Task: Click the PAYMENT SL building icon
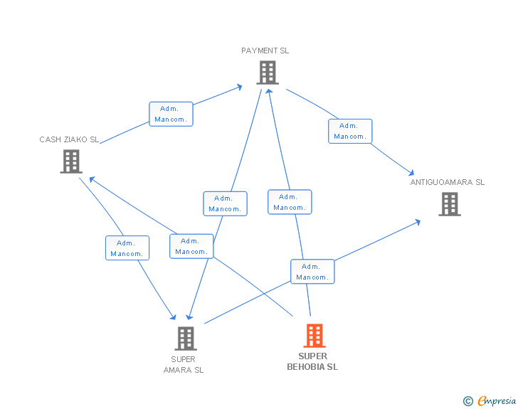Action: tap(267, 73)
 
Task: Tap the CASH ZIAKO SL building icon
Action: tap(71, 161)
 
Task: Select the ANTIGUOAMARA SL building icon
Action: tap(449, 204)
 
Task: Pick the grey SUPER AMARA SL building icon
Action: tap(185, 339)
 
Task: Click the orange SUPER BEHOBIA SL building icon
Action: tap(314, 336)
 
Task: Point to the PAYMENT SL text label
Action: tap(265, 51)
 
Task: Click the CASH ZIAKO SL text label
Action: tap(69, 139)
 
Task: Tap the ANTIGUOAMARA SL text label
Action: tap(447, 182)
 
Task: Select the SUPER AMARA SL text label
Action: tap(184, 364)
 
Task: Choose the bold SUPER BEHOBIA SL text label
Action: tap(312, 361)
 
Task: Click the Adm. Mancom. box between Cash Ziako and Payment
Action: tap(171, 114)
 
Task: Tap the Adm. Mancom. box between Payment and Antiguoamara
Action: tap(350, 131)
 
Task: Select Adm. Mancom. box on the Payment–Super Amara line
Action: tap(225, 203)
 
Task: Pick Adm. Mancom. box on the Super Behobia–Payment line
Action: tap(290, 202)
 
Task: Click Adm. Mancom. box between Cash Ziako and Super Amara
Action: tap(127, 248)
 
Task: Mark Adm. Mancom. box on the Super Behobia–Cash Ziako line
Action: tap(191, 246)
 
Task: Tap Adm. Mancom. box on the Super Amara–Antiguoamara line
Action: tap(312, 272)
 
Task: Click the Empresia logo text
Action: tap(496, 401)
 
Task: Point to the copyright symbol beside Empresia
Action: tap(468, 402)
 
